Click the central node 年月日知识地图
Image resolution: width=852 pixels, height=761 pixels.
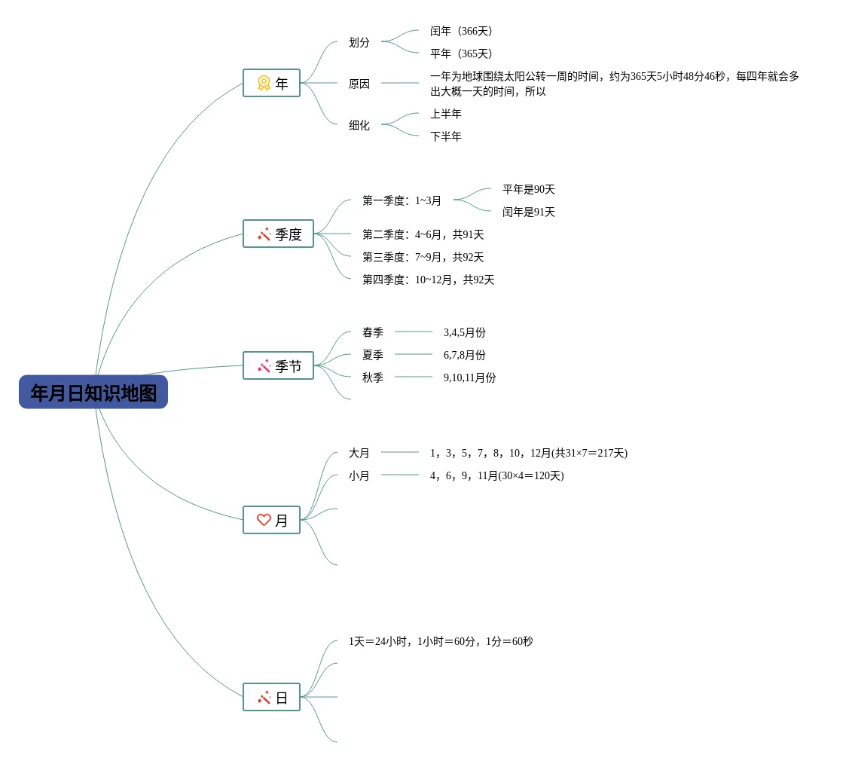tap(93, 393)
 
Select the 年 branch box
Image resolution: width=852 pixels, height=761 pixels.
tap(271, 84)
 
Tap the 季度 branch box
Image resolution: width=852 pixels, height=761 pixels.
tap(278, 234)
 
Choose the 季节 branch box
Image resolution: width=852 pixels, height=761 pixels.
tap(278, 366)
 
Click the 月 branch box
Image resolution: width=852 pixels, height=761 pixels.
tap(271, 521)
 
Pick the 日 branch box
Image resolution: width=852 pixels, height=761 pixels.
tap(271, 698)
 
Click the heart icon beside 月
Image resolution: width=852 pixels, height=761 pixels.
tap(264, 520)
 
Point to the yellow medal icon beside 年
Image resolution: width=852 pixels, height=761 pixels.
tap(264, 83)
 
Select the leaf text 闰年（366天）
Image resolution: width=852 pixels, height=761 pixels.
tap(461, 32)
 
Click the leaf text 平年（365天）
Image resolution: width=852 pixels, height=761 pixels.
tap(461, 54)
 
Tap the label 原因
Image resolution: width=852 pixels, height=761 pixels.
tap(359, 84)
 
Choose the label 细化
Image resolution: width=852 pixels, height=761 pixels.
tap(359, 126)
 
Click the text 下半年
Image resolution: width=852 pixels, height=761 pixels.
tap(446, 137)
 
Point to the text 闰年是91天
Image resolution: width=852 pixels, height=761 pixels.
tap(529, 212)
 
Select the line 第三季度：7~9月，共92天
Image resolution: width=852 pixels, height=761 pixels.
tap(423, 258)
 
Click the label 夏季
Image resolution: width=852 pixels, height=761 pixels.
tap(373, 356)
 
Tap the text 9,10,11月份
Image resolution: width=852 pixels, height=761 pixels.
tap(470, 378)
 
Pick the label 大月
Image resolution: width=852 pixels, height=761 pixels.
tap(359, 454)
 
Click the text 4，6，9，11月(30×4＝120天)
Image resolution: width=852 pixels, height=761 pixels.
tap(497, 476)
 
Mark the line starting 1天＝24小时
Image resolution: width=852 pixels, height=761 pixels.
tap(441, 642)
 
